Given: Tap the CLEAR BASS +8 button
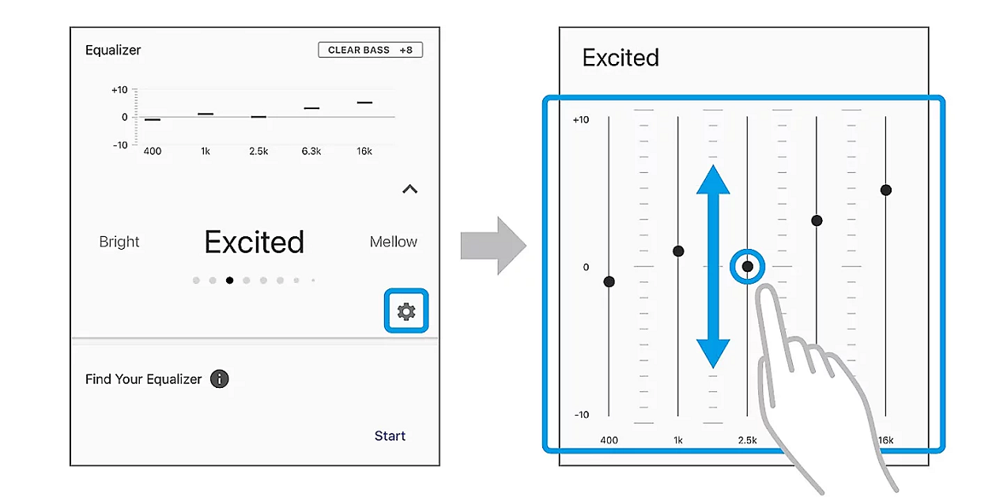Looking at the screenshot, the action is coord(371,50).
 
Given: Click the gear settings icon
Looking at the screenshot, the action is coord(406,311).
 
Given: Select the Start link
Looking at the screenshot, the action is coord(390,435).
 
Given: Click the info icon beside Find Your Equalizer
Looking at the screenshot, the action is coord(219,379).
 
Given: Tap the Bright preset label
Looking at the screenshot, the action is coord(119,242).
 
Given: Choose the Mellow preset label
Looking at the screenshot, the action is coord(394,242).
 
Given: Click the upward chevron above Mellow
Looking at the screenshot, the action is coord(410,189).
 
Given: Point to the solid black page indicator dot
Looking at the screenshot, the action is coord(229,281).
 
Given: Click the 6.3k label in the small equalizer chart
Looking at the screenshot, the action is coord(311,151).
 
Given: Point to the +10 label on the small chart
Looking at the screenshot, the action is coord(119,90).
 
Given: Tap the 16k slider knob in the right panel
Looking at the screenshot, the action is coord(885,190).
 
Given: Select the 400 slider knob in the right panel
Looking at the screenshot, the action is coord(609,281).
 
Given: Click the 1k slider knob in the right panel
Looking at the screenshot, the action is coord(678,251).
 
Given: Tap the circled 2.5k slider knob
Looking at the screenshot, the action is coord(748,266).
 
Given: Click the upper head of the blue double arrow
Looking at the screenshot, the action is coord(713,179).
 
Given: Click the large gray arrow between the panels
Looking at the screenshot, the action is coord(493,246).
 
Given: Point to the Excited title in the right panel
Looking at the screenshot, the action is coord(621,58).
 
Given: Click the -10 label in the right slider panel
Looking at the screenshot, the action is coord(582,415).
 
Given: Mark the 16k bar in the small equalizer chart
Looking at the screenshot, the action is coord(364,103).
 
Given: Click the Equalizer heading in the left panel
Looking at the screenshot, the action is coord(113,51).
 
